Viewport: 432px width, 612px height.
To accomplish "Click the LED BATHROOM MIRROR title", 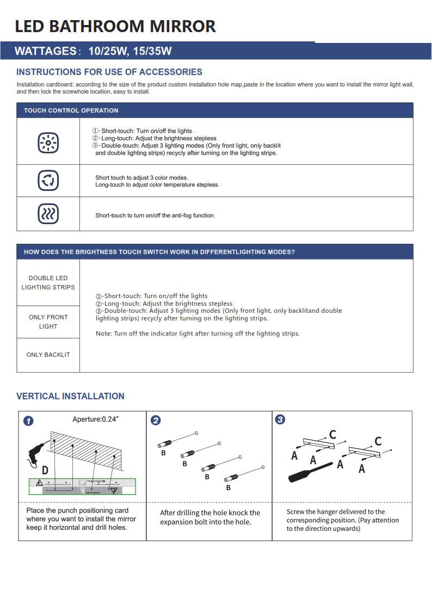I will coord(115,26).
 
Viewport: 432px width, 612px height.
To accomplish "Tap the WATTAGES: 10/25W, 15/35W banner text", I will coord(93,52).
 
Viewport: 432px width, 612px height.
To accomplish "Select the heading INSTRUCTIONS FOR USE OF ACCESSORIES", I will coord(109,72).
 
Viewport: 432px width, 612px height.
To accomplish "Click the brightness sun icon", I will coord(48,143).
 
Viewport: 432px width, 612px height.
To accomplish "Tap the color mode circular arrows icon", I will coord(48,180).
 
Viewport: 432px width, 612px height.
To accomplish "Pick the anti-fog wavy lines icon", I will coord(48,214).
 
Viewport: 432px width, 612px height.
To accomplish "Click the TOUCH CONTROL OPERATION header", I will coord(71,110).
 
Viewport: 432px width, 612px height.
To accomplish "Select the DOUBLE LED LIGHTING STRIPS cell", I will coord(48,282).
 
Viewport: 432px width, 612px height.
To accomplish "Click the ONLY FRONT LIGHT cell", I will coord(48,322).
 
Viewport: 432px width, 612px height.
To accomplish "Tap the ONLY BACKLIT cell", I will coord(48,355).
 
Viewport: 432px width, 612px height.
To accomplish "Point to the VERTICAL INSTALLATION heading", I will coord(70,396).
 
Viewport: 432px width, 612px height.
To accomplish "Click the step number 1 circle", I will coord(28,421).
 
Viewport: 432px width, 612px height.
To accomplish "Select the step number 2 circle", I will coord(156,421).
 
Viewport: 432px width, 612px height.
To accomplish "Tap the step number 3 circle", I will coord(280,420).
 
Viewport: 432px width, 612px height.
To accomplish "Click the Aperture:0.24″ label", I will coord(95,419).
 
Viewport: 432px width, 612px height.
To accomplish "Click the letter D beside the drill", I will coord(45,469).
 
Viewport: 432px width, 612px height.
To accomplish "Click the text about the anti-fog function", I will coord(155,215).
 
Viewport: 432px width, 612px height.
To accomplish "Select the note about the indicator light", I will coord(198,333).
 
